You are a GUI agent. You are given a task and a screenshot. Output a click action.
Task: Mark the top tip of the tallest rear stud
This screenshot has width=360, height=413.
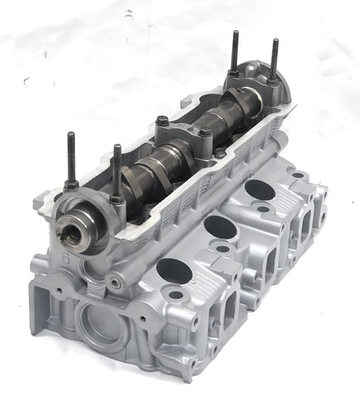235,33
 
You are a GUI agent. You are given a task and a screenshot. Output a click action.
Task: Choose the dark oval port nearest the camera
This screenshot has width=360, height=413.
173,269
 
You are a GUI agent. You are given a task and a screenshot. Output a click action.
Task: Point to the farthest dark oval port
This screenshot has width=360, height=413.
260,189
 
